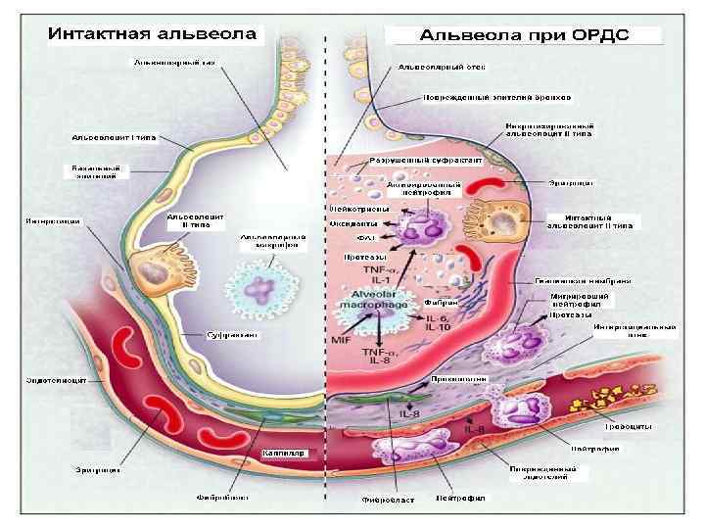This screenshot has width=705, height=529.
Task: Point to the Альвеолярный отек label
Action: [440, 68]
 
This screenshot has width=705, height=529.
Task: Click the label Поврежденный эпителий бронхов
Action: [497, 97]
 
